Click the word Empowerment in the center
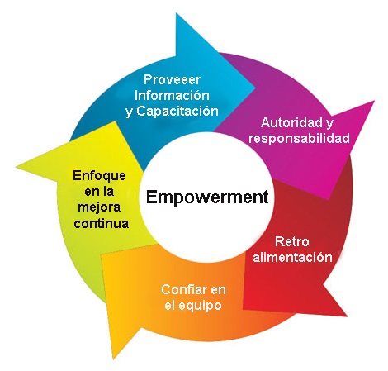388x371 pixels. [x=207, y=197]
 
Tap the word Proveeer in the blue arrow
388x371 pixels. [x=172, y=80]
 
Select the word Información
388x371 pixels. [x=172, y=95]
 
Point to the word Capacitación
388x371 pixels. [x=177, y=112]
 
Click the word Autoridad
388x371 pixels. [x=289, y=122]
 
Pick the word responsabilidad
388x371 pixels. [x=299, y=138]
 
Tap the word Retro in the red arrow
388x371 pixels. [x=292, y=241]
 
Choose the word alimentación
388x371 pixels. [x=292, y=257]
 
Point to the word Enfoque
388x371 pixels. [x=99, y=176]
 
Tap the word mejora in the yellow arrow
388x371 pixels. [x=99, y=207]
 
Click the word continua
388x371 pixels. [x=102, y=223]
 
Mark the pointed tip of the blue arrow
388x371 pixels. [x=255, y=88]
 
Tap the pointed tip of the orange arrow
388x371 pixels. [x=113, y=359]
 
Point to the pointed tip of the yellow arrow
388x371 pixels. [x=16, y=167]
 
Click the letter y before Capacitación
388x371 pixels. [x=129, y=112]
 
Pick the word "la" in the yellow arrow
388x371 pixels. [x=107, y=192]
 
